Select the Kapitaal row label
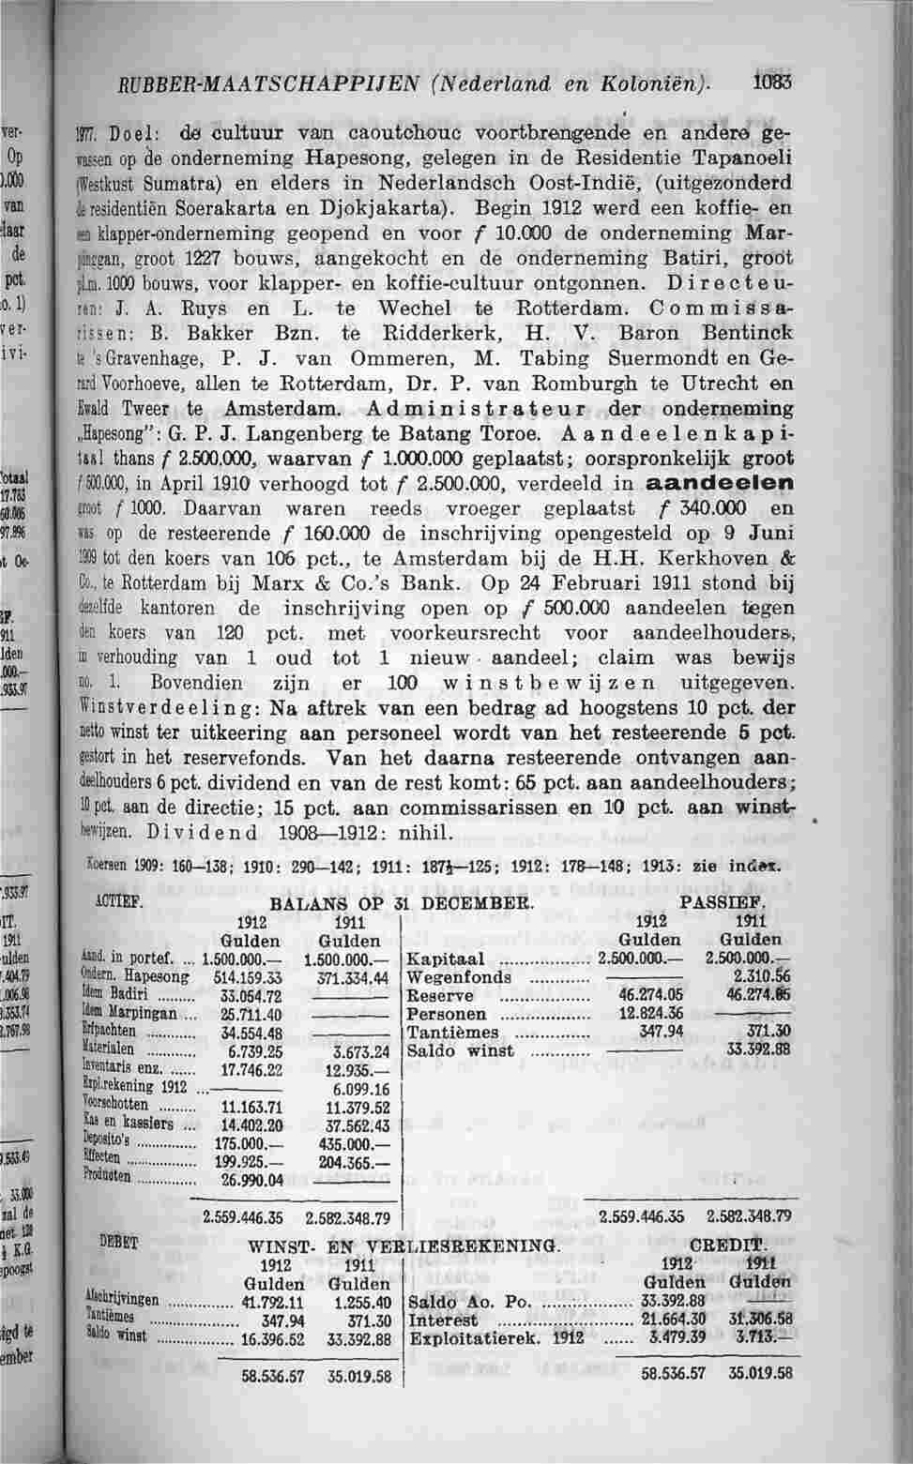tap(446, 959)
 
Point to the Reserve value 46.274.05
tap(650, 995)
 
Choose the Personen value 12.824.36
tap(650, 1014)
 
